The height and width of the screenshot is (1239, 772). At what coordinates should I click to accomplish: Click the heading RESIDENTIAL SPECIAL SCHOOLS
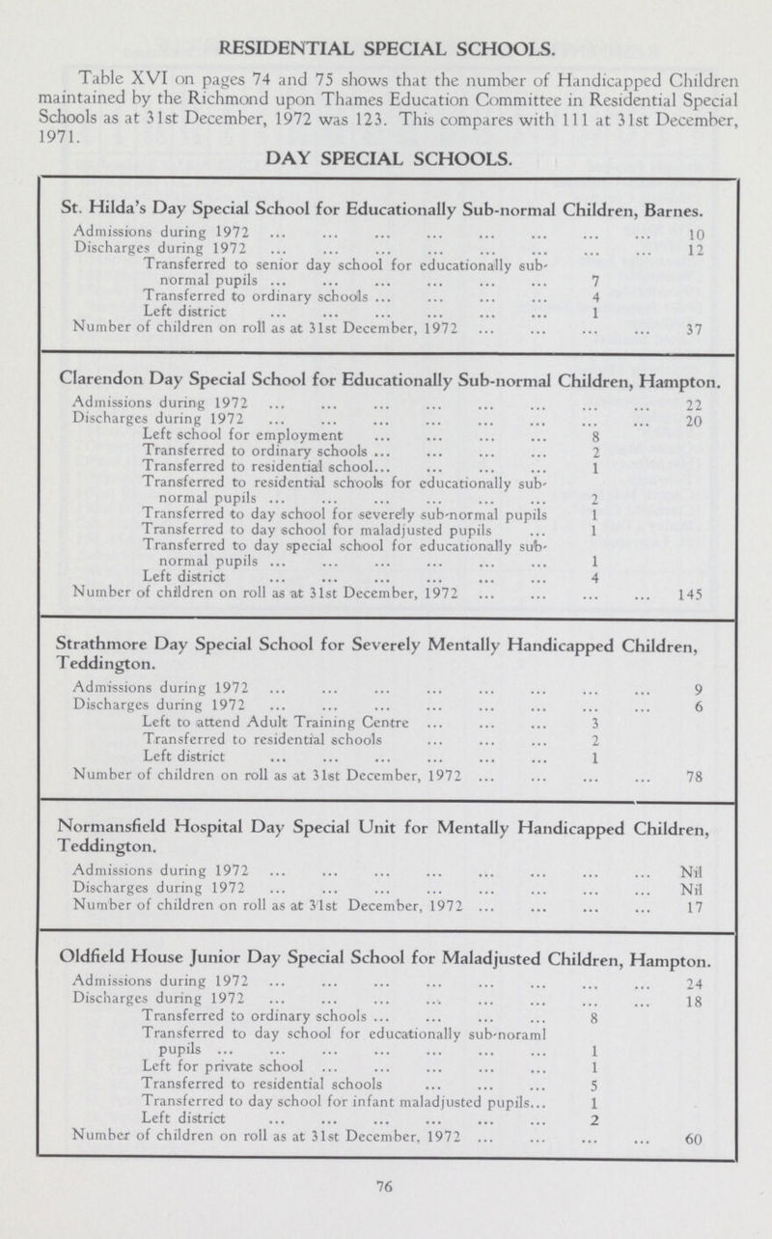point(386,45)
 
